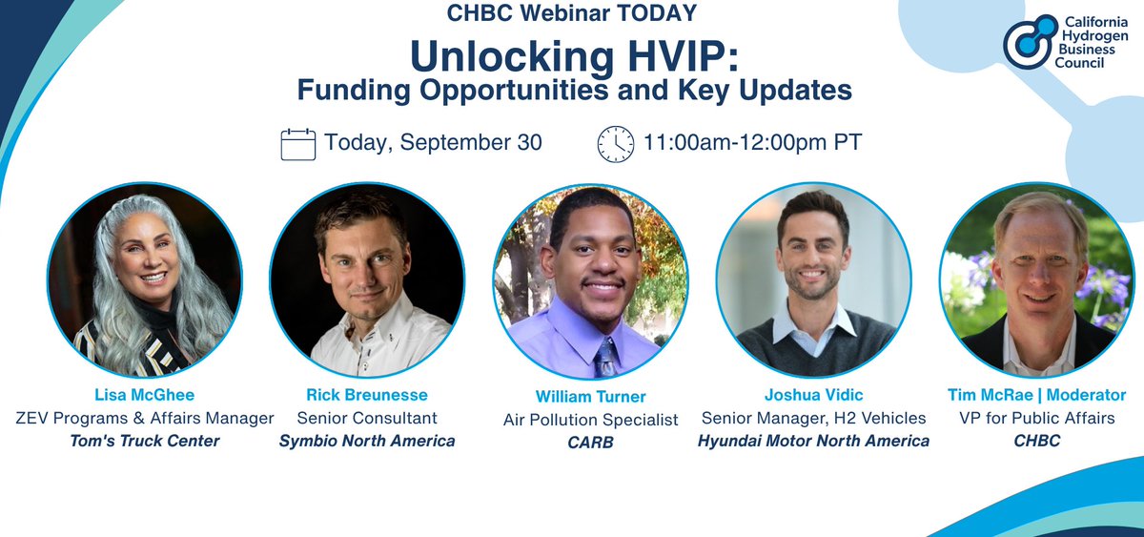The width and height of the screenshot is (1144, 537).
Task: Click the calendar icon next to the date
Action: [x=297, y=144]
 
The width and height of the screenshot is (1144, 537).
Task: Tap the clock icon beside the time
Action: [x=615, y=144]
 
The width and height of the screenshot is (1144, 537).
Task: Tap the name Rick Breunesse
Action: [x=367, y=395]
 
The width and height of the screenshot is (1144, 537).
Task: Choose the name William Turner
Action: [x=590, y=397]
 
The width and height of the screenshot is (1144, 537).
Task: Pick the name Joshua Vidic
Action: [x=813, y=395]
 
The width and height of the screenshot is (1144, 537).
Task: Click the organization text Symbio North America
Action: [x=367, y=441]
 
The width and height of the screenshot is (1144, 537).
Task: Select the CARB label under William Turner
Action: [x=590, y=443]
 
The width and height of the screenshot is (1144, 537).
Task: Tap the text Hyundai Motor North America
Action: [x=813, y=441]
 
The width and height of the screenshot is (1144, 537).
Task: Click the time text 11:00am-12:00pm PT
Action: [x=753, y=144]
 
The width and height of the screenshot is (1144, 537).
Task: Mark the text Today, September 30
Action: [x=434, y=144]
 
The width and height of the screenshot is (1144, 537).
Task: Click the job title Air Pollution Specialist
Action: [x=590, y=420]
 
